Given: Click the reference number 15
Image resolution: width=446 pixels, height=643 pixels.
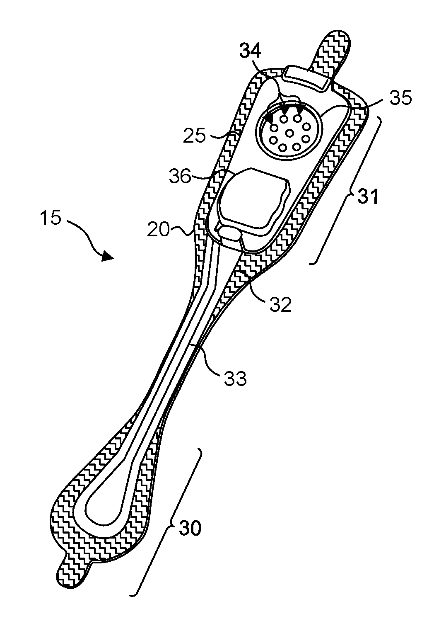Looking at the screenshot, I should point(51,218).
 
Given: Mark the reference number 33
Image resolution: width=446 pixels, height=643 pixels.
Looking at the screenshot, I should point(235,378).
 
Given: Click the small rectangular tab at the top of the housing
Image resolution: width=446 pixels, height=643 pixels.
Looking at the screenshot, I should point(306,78).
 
